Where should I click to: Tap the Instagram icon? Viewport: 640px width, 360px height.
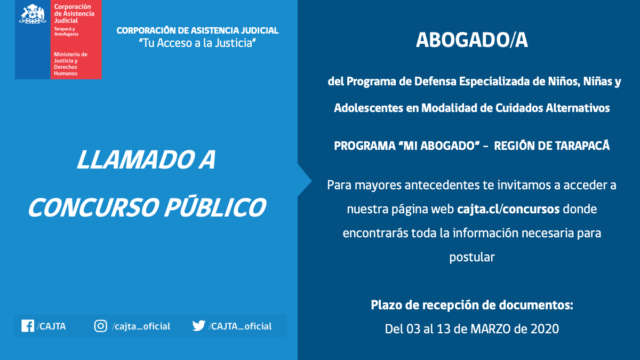[101, 326]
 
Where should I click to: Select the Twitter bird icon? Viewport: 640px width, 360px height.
[199, 326]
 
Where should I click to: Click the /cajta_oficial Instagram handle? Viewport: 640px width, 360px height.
[141, 326]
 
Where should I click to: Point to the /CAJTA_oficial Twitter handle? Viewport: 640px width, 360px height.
[241, 326]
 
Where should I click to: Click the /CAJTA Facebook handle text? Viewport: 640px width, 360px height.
[51, 326]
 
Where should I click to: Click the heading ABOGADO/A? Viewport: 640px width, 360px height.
[471, 41]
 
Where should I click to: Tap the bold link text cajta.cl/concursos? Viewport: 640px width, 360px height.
[508, 209]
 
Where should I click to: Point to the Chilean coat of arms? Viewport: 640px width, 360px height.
[33, 14]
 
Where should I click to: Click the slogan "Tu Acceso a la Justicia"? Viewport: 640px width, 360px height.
[197, 43]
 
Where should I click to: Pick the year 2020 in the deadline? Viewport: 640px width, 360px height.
[545, 329]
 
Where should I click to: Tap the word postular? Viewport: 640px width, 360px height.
[472, 257]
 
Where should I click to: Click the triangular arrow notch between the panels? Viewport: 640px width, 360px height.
[305, 180]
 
